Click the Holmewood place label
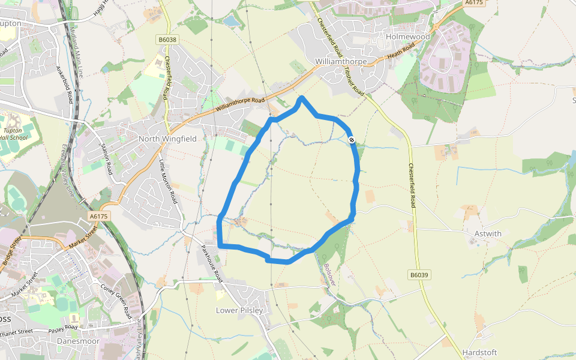tap(408, 37)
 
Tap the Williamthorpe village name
tap(340, 61)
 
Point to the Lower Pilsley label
tap(239, 310)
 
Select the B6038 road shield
tap(167, 40)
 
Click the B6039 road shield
tap(419, 275)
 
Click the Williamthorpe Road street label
tap(240, 104)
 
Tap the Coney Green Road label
tap(115, 302)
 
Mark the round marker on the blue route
tap(352, 140)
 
